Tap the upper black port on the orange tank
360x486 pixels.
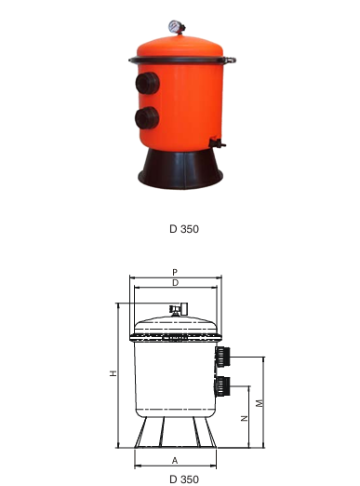pyautogui.click(x=147, y=83)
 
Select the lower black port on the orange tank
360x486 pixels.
pyautogui.click(x=147, y=118)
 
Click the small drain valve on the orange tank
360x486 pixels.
pyautogui.click(x=217, y=143)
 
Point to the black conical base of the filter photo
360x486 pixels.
pyautogui.click(x=180, y=169)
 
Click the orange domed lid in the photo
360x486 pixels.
pyautogui.click(x=180, y=47)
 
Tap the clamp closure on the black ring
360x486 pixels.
pyautogui.click(x=231, y=60)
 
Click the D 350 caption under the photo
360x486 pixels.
pyautogui.click(x=184, y=229)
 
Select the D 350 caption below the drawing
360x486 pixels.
pyautogui.click(x=184, y=479)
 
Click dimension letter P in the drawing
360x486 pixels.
pyautogui.click(x=175, y=272)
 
